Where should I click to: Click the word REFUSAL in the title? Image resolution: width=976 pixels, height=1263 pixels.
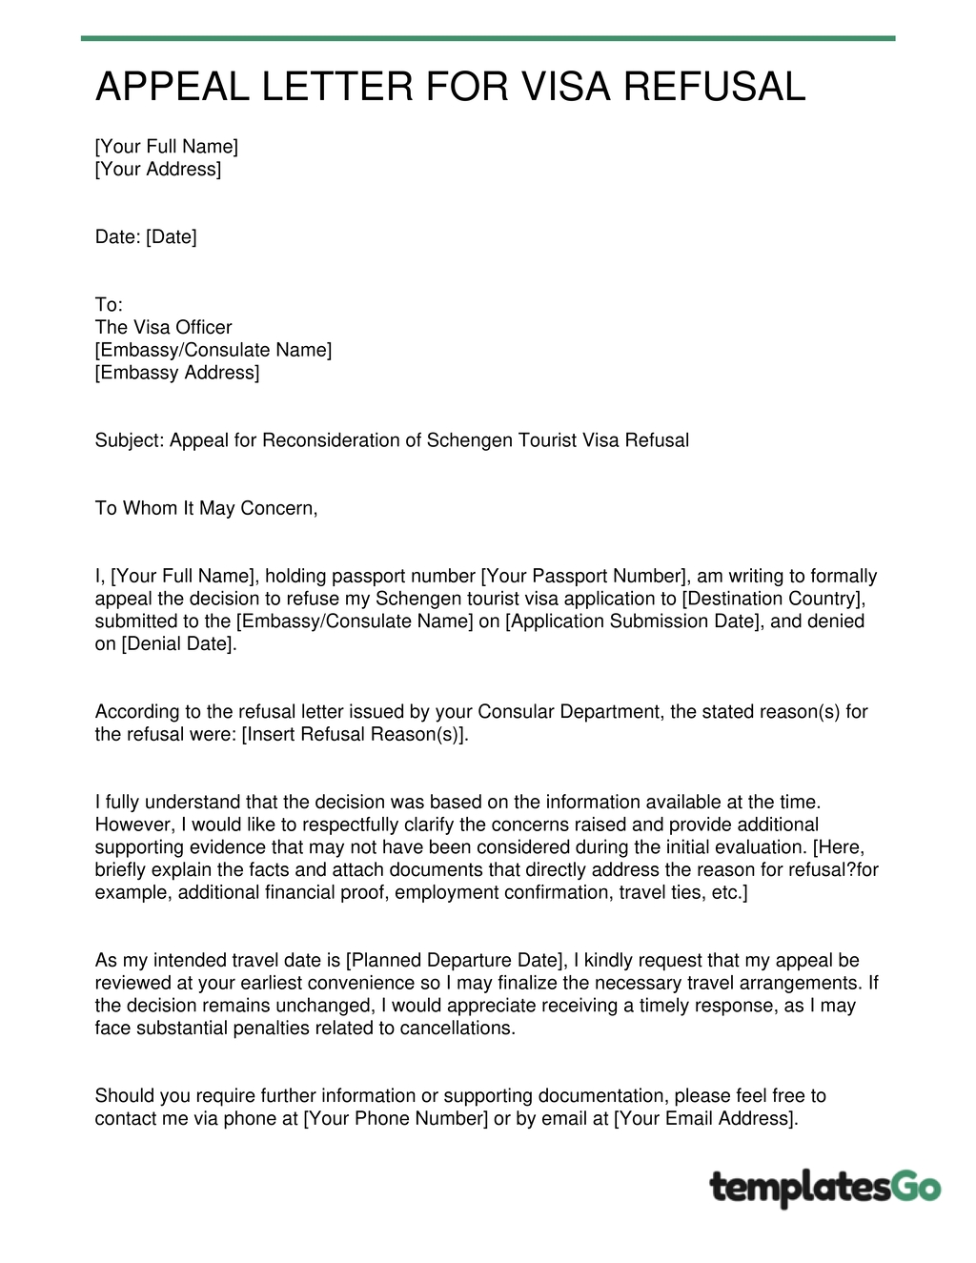pos(715,87)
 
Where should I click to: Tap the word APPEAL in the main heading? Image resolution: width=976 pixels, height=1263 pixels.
pos(173,87)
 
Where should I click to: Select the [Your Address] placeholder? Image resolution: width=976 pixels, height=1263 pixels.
pos(158,169)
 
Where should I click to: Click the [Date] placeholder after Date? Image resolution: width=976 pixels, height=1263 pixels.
pos(172,236)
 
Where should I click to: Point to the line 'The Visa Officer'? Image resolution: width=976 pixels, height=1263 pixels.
pos(163,327)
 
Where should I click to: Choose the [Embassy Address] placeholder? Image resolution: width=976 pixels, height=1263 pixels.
pos(177,373)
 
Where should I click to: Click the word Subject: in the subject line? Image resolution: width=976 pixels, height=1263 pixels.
pos(130,440)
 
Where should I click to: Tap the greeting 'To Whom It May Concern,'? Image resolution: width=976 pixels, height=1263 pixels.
pos(206,508)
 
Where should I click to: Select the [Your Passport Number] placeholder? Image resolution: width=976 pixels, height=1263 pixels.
pos(584,576)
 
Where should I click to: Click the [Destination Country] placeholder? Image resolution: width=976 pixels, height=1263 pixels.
pos(773,599)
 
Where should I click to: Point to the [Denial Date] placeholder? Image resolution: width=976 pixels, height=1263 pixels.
pos(177,644)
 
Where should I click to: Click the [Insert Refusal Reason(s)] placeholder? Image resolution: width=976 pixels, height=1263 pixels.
pos(355,734)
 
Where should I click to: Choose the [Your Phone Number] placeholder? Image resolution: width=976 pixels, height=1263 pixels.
pos(396,1118)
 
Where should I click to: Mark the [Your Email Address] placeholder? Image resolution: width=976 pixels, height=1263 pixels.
pos(705,1118)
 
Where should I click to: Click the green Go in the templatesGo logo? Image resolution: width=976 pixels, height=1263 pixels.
pos(916,1188)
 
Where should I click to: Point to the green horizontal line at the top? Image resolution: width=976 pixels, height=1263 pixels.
pos(488,38)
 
